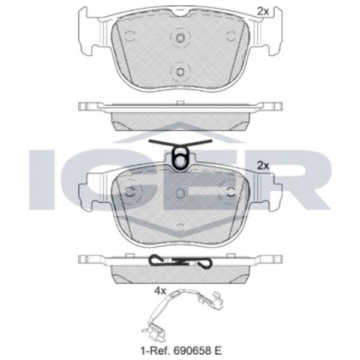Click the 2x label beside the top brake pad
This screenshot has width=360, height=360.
pyautogui.click(x=263, y=11)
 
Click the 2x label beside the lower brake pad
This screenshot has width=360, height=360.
pyautogui.click(x=263, y=166)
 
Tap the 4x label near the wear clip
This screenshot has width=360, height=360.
pyautogui.click(x=160, y=291)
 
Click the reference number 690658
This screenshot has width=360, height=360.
pyautogui.click(x=192, y=350)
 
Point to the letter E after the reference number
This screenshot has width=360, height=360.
pyautogui.click(x=218, y=350)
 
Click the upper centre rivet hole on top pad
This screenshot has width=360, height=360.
pyautogui.click(x=180, y=38)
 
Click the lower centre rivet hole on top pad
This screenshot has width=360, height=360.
pyautogui.click(x=180, y=72)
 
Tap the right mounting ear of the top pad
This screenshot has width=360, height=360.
pyautogui.click(x=272, y=31)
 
